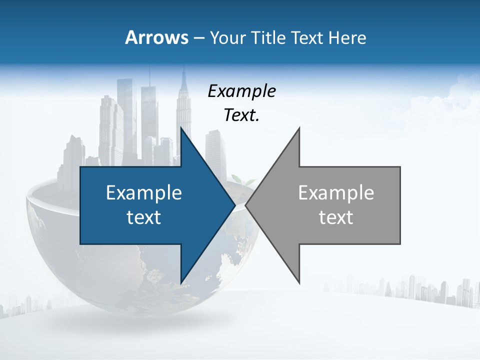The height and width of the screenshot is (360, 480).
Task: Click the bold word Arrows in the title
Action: (156, 37)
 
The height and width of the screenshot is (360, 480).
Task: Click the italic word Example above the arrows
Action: (242, 91)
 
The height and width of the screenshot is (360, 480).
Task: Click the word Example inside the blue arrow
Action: (144, 192)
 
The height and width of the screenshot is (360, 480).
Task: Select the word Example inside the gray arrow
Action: (336, 192)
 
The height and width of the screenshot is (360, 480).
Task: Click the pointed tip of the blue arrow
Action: (234, 205)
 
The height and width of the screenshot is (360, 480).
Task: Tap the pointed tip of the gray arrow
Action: (246, 205)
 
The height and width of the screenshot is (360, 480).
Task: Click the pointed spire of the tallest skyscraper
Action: (183, 70)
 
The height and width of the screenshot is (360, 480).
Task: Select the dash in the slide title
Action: (198, 37)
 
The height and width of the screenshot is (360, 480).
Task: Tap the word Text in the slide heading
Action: (307, 37)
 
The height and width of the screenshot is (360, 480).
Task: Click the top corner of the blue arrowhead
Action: (181, 128)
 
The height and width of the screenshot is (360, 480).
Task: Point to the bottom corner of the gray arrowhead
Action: (299, 282)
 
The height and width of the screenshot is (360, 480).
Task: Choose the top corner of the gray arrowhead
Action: (299, 128)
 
